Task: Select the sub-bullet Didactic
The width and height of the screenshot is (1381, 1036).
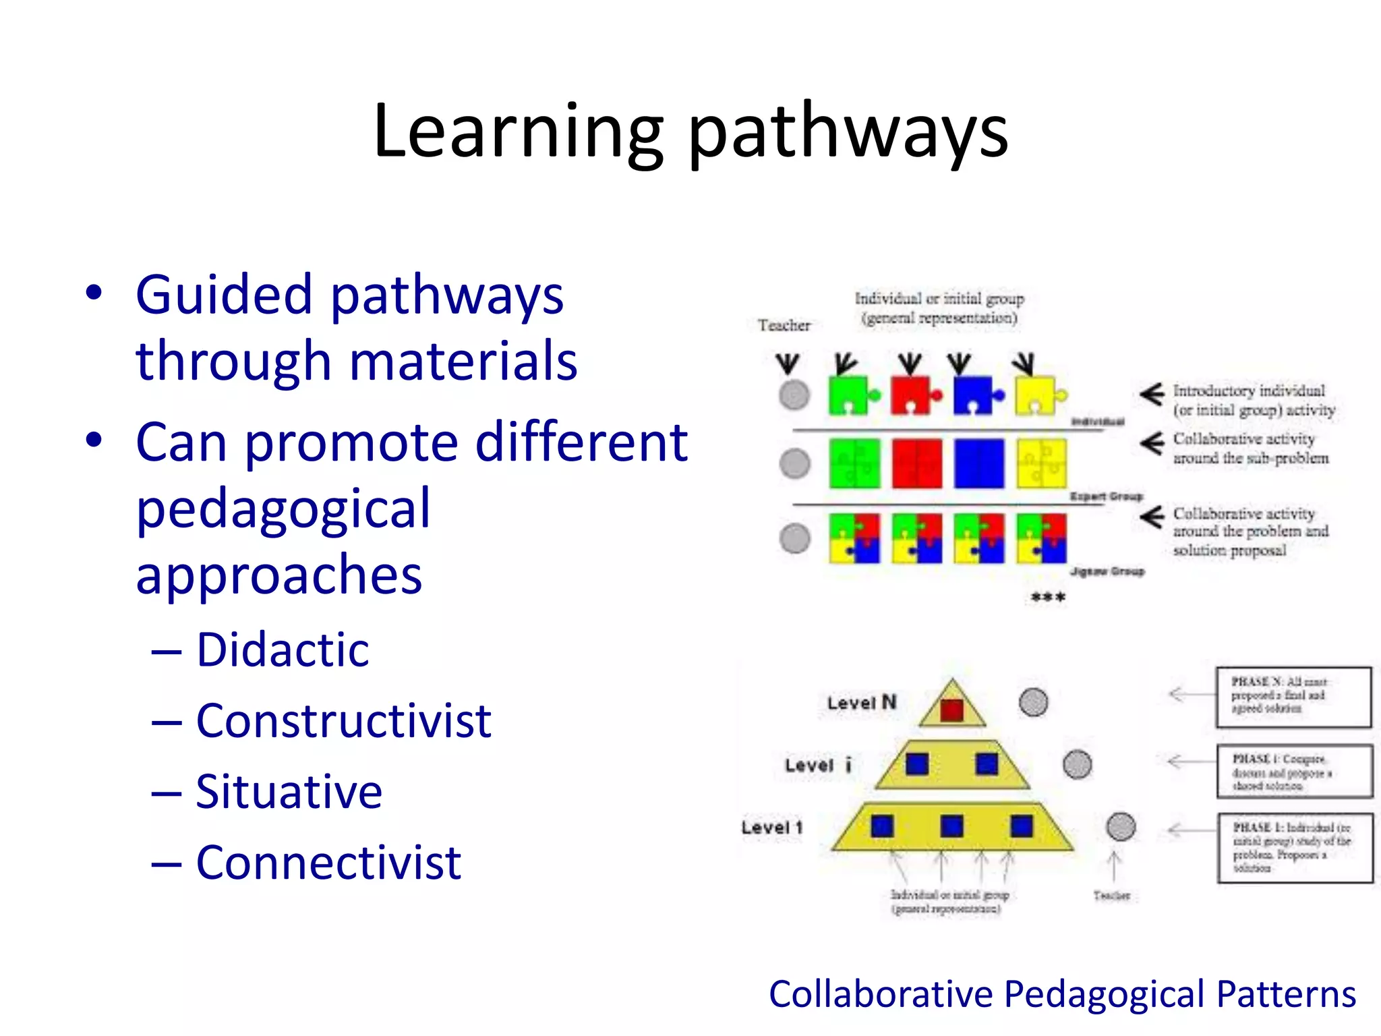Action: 283,650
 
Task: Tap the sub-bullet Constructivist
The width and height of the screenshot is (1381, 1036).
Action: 343,721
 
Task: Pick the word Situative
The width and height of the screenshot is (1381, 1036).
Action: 289,792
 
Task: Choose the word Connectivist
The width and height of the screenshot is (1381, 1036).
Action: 328,863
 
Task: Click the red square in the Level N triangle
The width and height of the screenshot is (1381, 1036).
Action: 951,710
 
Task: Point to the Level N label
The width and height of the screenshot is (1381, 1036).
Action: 861,703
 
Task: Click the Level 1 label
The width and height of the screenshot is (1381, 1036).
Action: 772,828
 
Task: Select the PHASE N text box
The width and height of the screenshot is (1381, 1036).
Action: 1293,697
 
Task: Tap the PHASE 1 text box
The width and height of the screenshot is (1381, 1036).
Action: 1295,848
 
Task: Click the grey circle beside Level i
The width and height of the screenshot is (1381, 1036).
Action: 1077,765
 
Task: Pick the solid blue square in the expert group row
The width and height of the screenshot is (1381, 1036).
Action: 978,463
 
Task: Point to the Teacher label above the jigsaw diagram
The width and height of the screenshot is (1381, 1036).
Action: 784,326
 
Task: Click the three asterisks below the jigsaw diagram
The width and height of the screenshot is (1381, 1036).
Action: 1048,598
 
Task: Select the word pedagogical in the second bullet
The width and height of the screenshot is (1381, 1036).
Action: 283,509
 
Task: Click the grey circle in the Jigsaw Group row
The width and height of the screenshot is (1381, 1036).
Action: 794,538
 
